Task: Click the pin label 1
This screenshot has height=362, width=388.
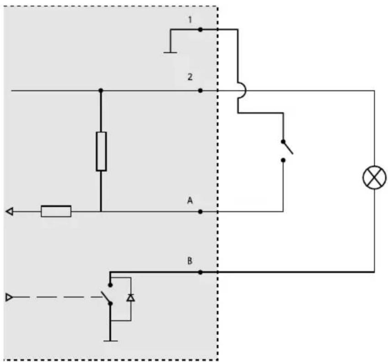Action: point(190,20)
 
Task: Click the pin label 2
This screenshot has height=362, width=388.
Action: point(190,77)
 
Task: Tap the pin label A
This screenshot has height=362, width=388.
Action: point(190,200)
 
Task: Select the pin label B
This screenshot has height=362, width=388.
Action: point(190,261)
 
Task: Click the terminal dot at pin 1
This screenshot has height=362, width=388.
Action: point(200,30)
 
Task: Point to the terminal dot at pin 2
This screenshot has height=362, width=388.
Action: point(200,91)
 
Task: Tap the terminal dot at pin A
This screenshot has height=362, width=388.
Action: point(200,212)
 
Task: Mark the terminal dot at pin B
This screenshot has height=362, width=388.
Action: point(200,272)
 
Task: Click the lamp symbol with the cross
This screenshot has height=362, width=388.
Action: point(374,177)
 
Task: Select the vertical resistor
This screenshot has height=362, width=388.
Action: point(101,151)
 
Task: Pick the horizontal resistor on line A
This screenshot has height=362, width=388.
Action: point(56,212)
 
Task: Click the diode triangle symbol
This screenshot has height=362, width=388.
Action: point(131,298)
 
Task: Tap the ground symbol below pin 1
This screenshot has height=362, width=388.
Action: point(170,53)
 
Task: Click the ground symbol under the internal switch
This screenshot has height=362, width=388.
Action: point(110,341)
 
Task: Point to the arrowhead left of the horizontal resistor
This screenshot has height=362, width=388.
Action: point(10,212)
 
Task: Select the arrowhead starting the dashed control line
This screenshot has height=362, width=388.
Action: point(9,297)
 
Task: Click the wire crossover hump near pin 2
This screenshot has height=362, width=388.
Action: point(243,91)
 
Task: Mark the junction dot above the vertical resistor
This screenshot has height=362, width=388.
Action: point(101,90)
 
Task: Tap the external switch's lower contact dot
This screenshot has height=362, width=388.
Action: point(283,160)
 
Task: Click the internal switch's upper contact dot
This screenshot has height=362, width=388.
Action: point(110,285)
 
